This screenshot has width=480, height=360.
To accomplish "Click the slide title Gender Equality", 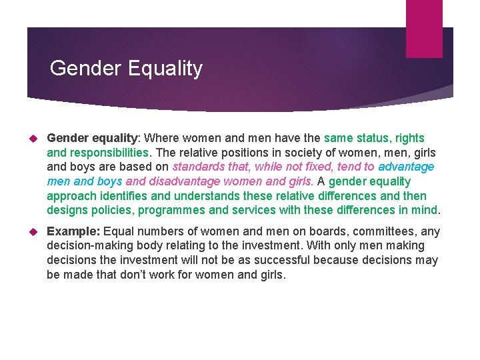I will tap(126, 68).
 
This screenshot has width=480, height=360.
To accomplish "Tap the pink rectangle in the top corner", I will tap(424, 28).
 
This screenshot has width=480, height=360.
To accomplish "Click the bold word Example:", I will tap(73, 231).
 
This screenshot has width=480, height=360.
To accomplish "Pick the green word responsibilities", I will tap(114, 153).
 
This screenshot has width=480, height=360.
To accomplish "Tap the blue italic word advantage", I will tap(406, 167).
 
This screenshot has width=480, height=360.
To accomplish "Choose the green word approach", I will tap(71, 196).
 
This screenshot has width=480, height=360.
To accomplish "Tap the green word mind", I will tap(423, 210).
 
